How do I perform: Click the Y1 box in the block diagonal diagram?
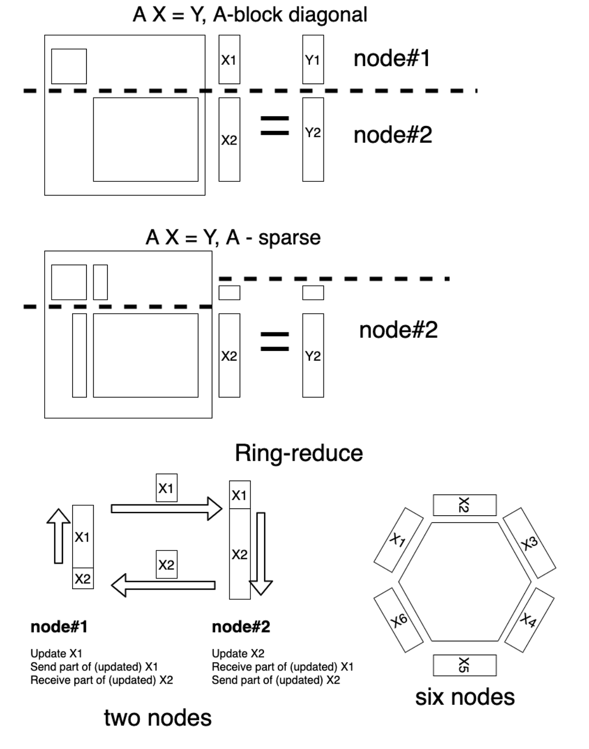coord(313,59)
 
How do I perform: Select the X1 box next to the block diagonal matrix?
coord(229,59)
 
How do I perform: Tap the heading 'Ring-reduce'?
coord(298,453)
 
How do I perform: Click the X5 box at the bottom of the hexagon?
coord(464,665)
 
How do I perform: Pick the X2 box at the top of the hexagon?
coord(464,505)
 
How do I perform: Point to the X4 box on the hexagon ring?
coord(529,620)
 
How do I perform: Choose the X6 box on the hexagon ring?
coord(399,620)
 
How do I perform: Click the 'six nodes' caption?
coord(464,697)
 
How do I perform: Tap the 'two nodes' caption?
coord(158,718)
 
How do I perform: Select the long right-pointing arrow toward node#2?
coord(166,509)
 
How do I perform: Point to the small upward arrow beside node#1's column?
coord(58,536)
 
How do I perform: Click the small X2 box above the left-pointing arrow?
coord(166,565)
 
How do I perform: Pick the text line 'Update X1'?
coord(56,653)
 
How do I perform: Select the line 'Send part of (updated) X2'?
coord(275,680)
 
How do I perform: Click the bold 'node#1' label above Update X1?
coord(59,626)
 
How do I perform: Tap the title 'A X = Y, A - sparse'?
coord(233,238)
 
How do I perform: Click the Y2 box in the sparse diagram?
coord(313,355)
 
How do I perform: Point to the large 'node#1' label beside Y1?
coord(392,59)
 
